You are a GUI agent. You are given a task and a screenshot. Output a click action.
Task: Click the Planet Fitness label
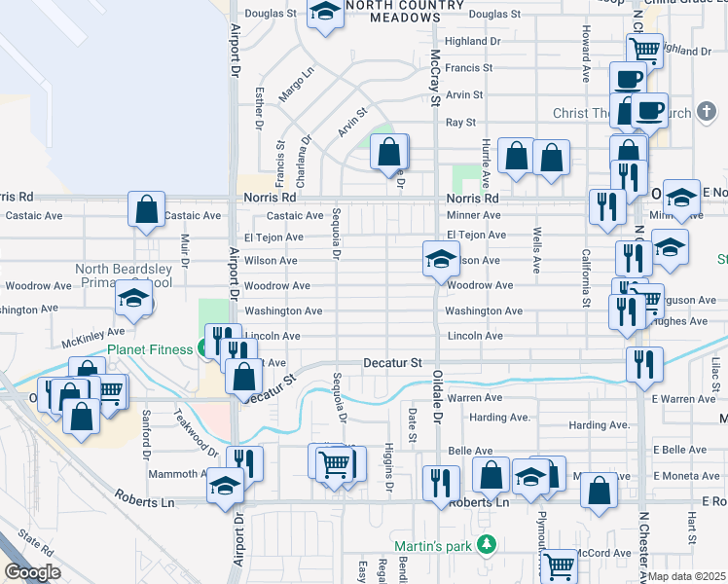pyautogui.click(x=151, y=349)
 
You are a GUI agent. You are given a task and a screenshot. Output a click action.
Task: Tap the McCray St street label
pyautogui.click(x=436, y=73)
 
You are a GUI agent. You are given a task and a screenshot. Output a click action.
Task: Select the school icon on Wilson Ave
pyautogui.click(x=441, y=259)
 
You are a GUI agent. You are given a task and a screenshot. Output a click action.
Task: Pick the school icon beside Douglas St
pyautogui.click(x=325, y=12)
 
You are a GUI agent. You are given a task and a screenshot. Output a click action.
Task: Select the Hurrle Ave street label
pyautogui.click(x=484, y=156)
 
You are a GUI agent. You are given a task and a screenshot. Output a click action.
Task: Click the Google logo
pyautogui.click(x=31, y=572)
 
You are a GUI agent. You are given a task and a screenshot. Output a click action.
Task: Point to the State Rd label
pyautogui.click(x=34, y=543)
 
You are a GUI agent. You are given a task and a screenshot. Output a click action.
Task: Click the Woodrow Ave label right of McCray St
pyautogui.click(x=480, y=285)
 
